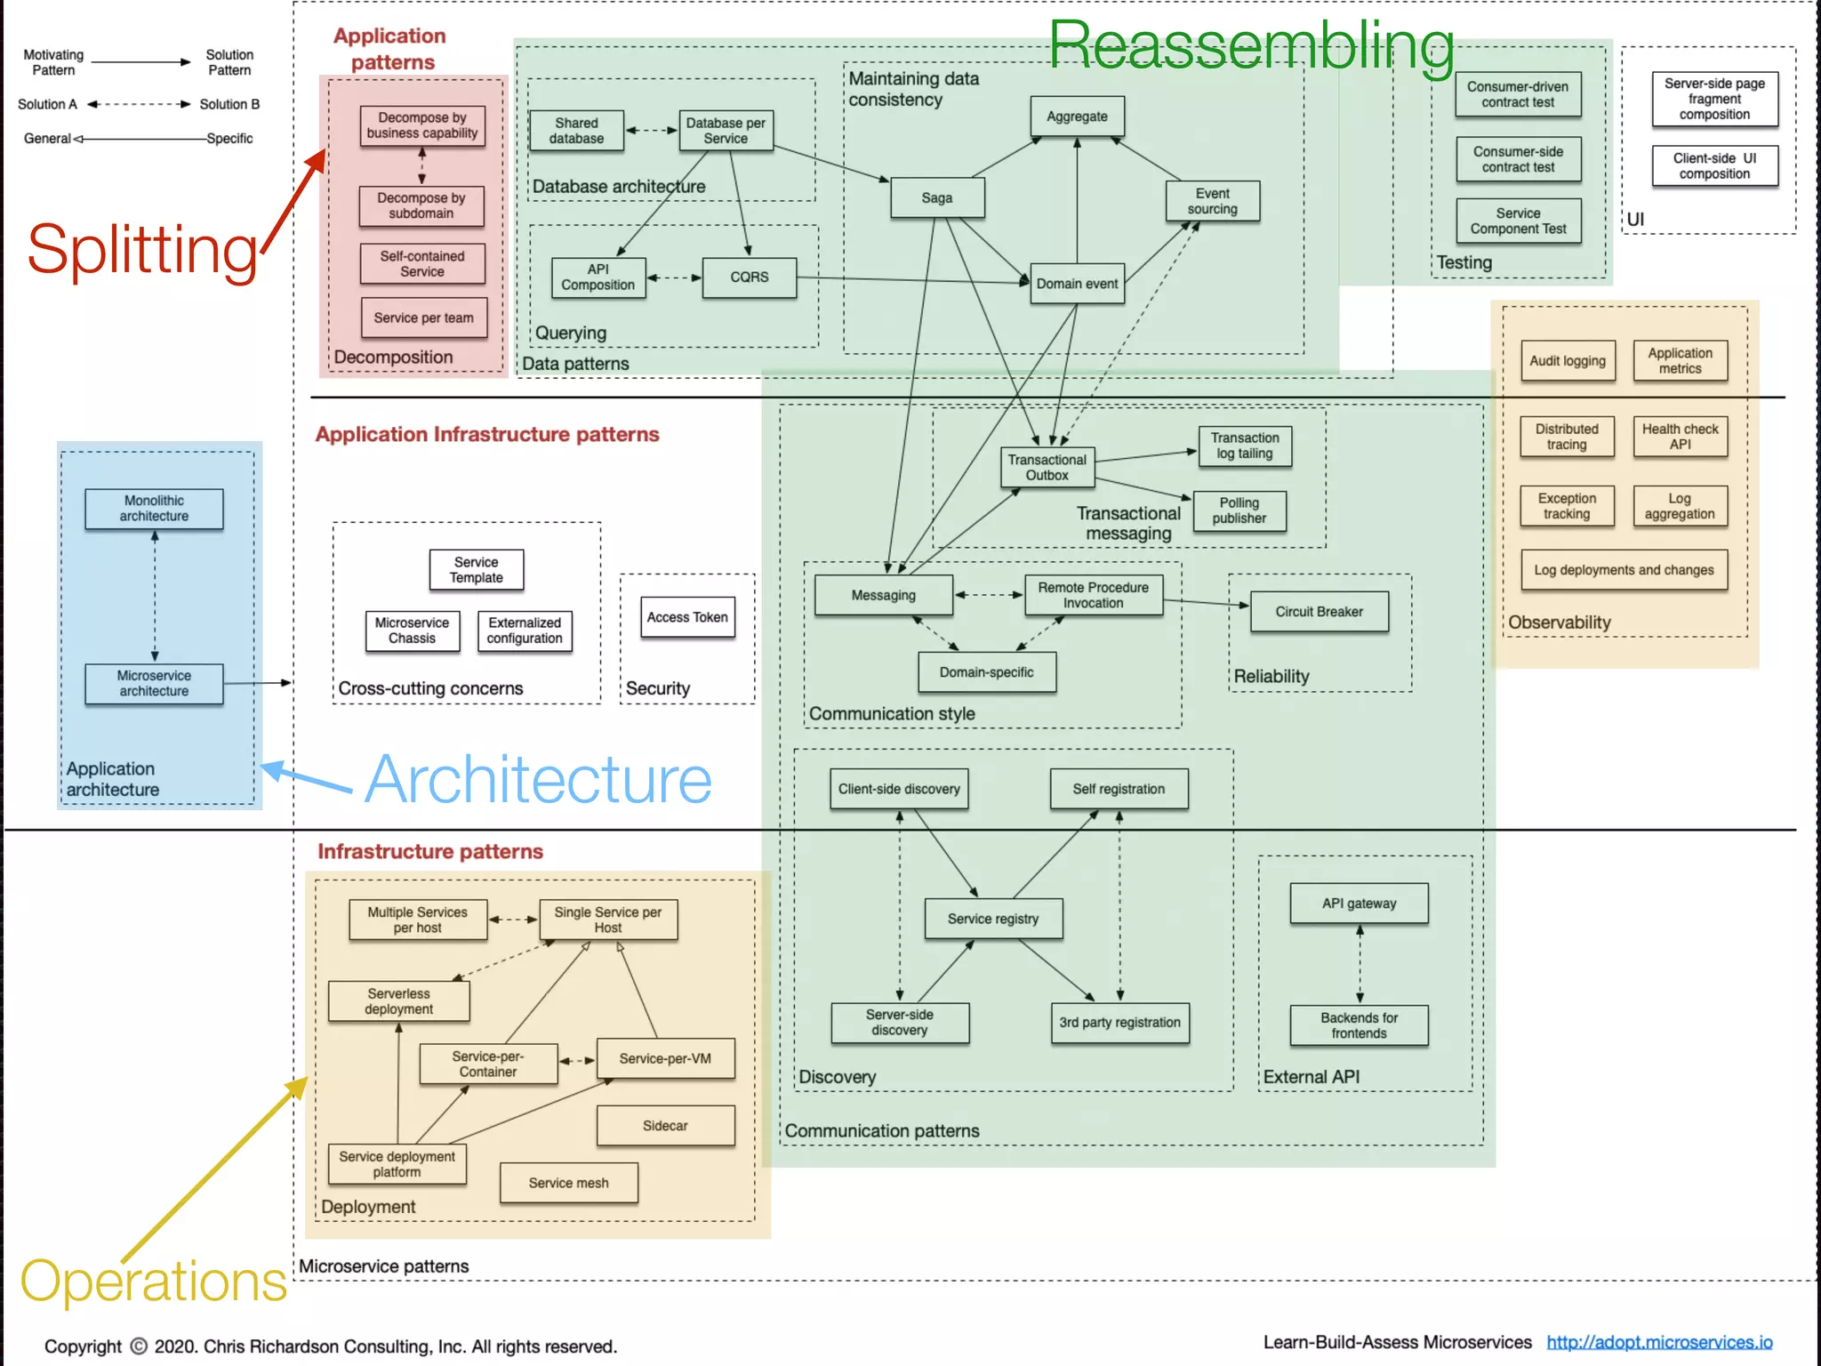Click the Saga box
coord(937,197)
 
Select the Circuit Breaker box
coord(1319,612)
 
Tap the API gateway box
coord(1359,904)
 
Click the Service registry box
coord(992,919)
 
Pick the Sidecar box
coord(665,1126)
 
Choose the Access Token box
coord(687,617)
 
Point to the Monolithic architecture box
coord(154,509)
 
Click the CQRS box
coord(749,277)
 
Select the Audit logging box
coord(1568,361)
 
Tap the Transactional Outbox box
coord(1047,468)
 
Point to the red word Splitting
coord(142,250)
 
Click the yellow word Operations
coord(153,1281)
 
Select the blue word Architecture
coord(538,780)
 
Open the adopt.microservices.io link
coord(1659,1342)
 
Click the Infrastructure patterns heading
coord(430,852)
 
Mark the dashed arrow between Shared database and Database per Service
coord(651,131)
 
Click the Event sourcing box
coord(1212,201)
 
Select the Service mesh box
coord(568,1183)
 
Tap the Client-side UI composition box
coord(1714,166)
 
